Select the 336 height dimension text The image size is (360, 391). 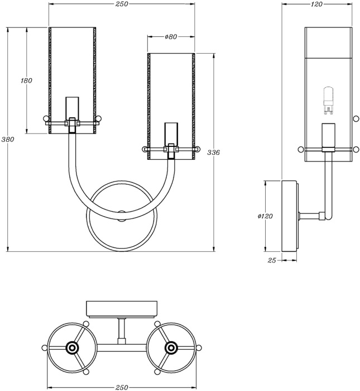click(x=213, y=152)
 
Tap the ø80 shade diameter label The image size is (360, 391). click(x=171, y=37)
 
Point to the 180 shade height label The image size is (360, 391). click(x=26, y=80)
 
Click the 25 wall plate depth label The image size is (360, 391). click(x=272, y=260)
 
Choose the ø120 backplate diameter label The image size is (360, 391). click(x=266, y=216)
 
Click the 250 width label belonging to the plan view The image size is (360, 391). click(x=122, y=387)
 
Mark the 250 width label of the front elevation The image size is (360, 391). click(x=122, y=4)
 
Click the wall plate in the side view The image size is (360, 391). click(x=290, y=216)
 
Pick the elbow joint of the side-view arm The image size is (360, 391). click(x=327, y=216)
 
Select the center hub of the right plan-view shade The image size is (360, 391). click(x=171, y=348)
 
